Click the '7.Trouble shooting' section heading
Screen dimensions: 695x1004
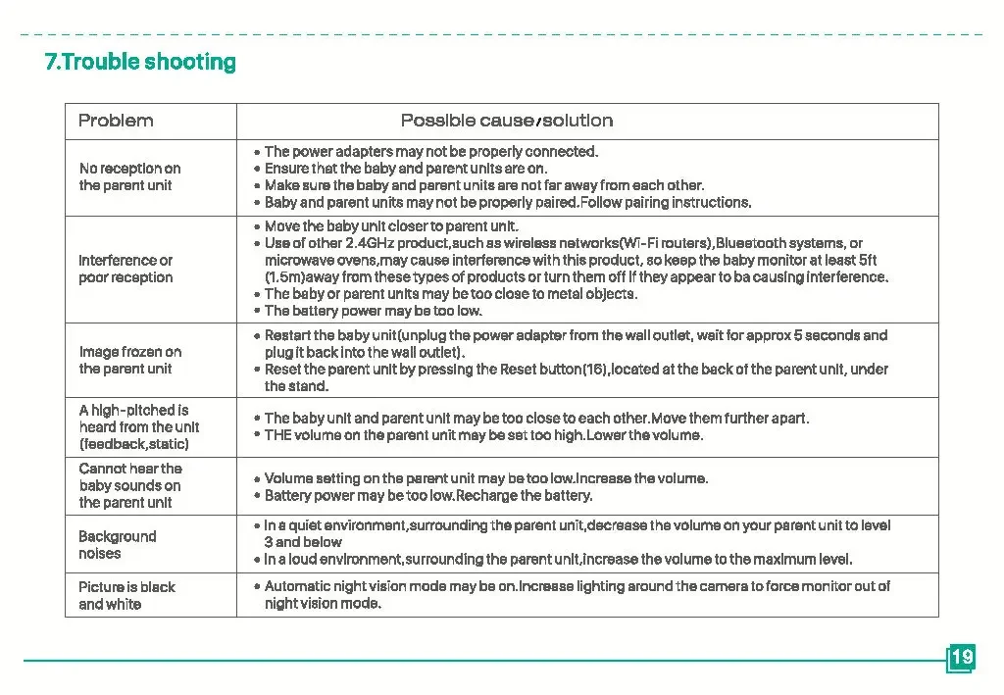[140, 62]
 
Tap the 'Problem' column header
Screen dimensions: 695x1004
[116, 121]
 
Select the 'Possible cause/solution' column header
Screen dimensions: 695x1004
[507, 121]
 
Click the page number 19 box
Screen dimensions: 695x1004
[962, 657]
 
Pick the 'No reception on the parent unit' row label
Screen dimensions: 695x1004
[129, 176]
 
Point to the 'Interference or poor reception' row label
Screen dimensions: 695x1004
[125, 269]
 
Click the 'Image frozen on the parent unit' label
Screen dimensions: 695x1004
[129, 360]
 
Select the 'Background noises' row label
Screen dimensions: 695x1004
[117, 545]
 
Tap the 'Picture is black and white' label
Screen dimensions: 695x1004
[126, 595]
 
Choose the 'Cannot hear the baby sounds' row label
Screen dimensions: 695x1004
[130, 485]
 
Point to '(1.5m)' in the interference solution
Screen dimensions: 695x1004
[288, 277]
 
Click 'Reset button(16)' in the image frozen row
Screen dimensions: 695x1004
[556, 369]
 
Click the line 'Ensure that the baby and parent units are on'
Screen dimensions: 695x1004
[405, 169]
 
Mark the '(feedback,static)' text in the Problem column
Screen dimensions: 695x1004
[133, 444]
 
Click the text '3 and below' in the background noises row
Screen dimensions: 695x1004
[303, 542]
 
